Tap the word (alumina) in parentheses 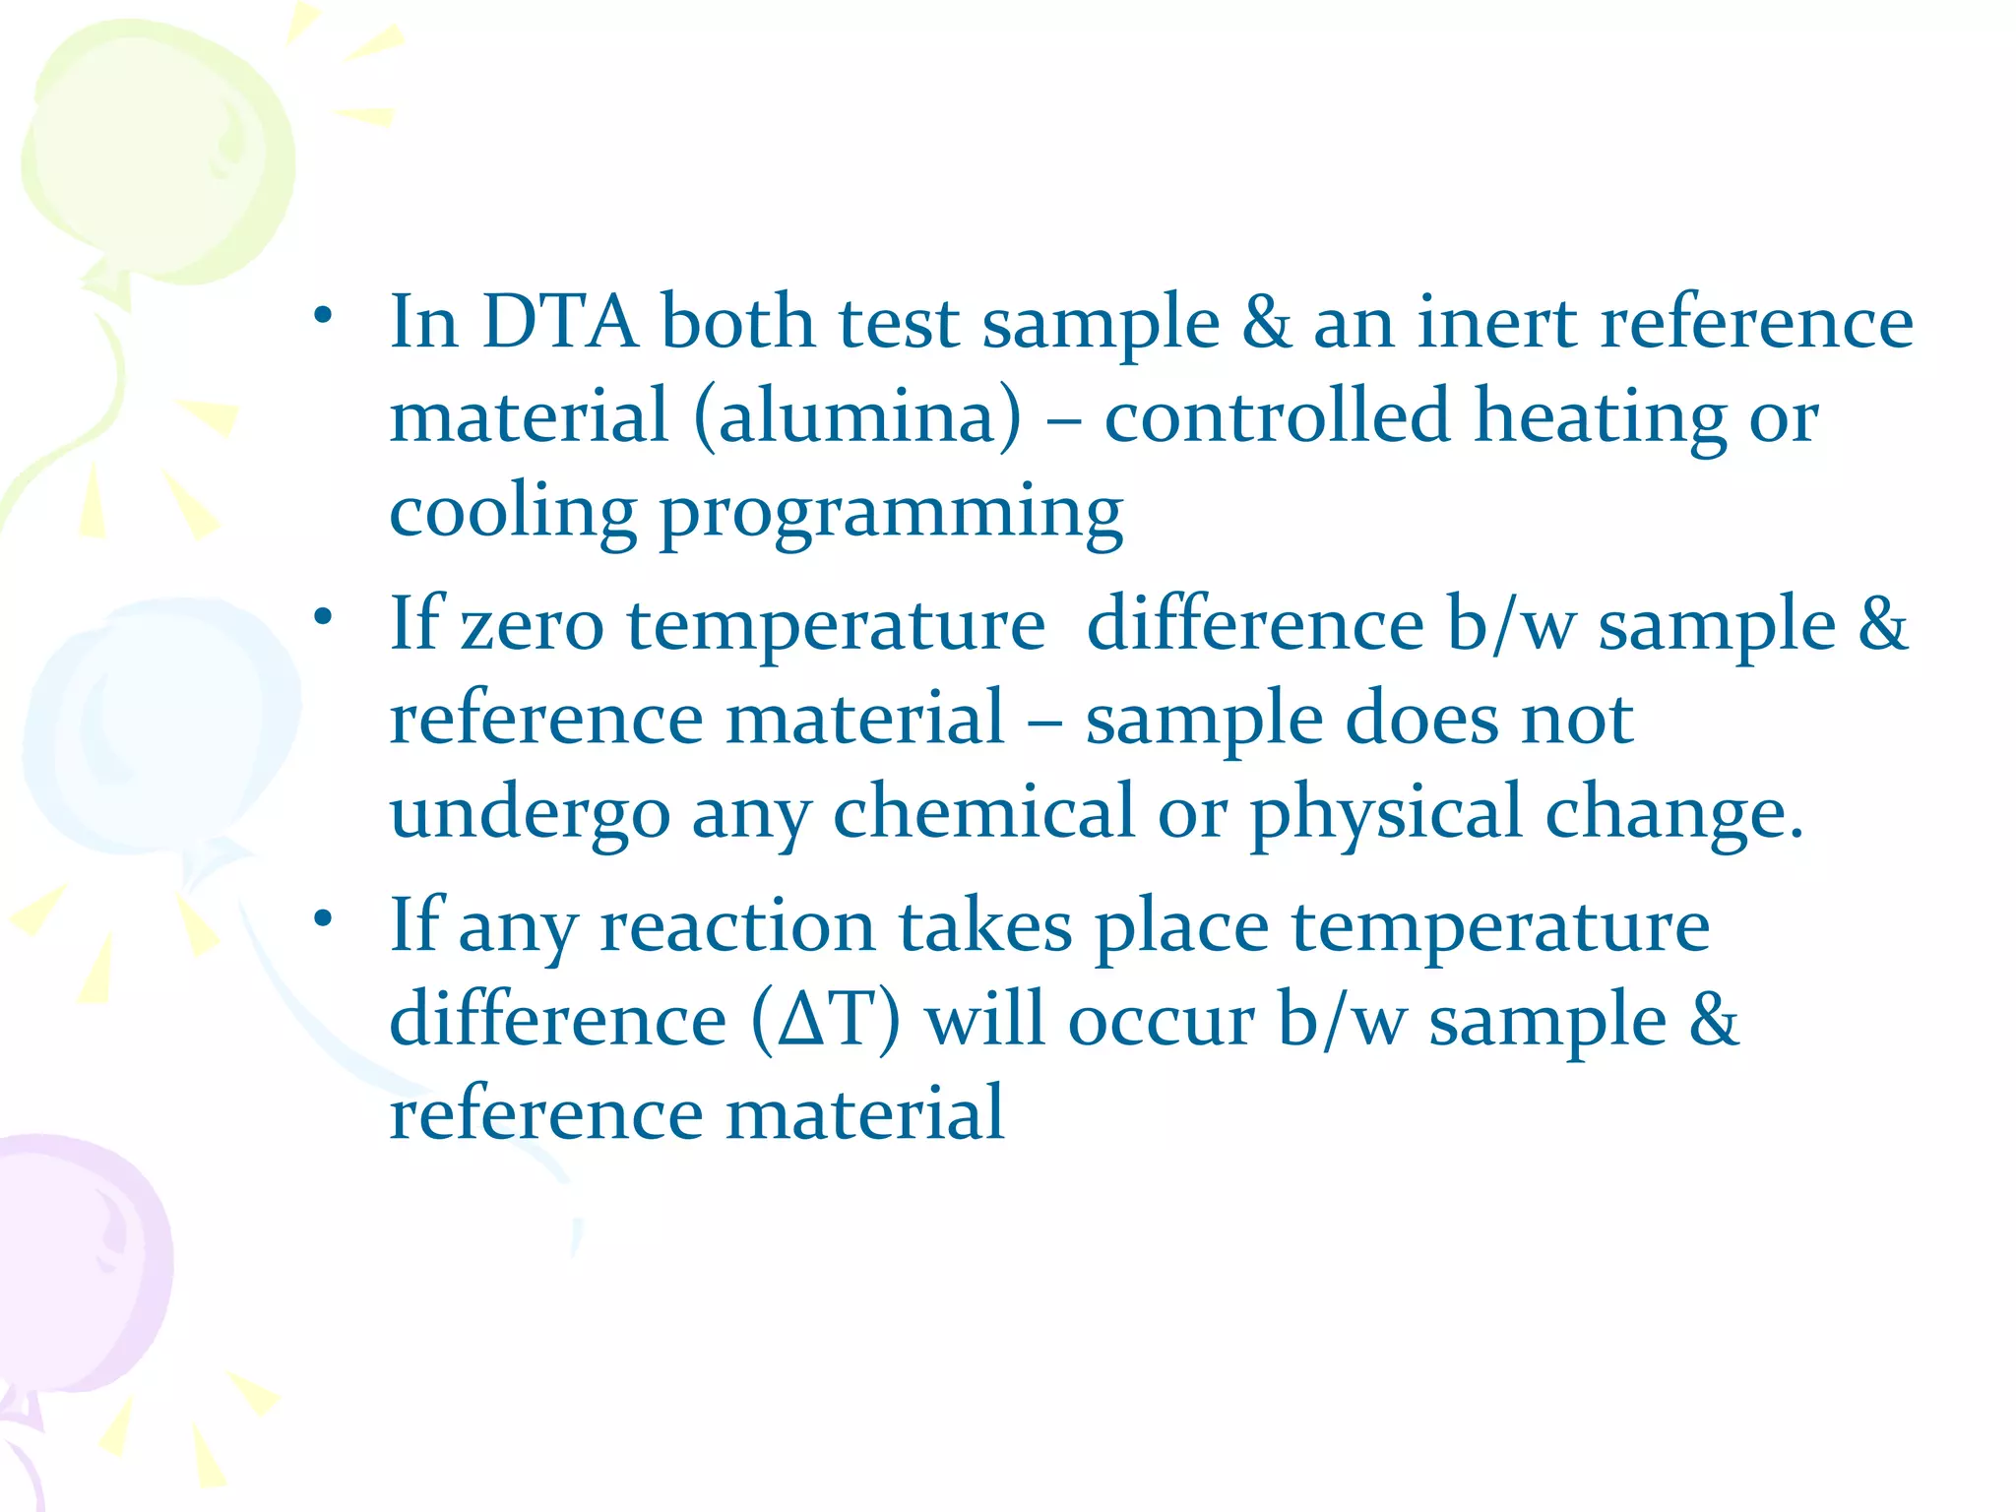click(x=857, y=417)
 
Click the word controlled click(x=1277, y=415)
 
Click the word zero click(x=532, y=626)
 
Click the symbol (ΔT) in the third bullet click(x=825, y=1020)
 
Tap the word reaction click(x=737, y=927)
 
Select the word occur click(x=1162, y=1021)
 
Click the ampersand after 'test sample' click(x=1266, y=322)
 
